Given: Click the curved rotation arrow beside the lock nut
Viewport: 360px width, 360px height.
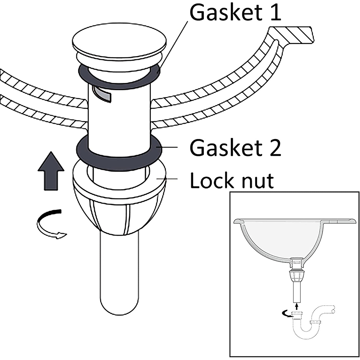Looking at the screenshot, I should tap(50, 223).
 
